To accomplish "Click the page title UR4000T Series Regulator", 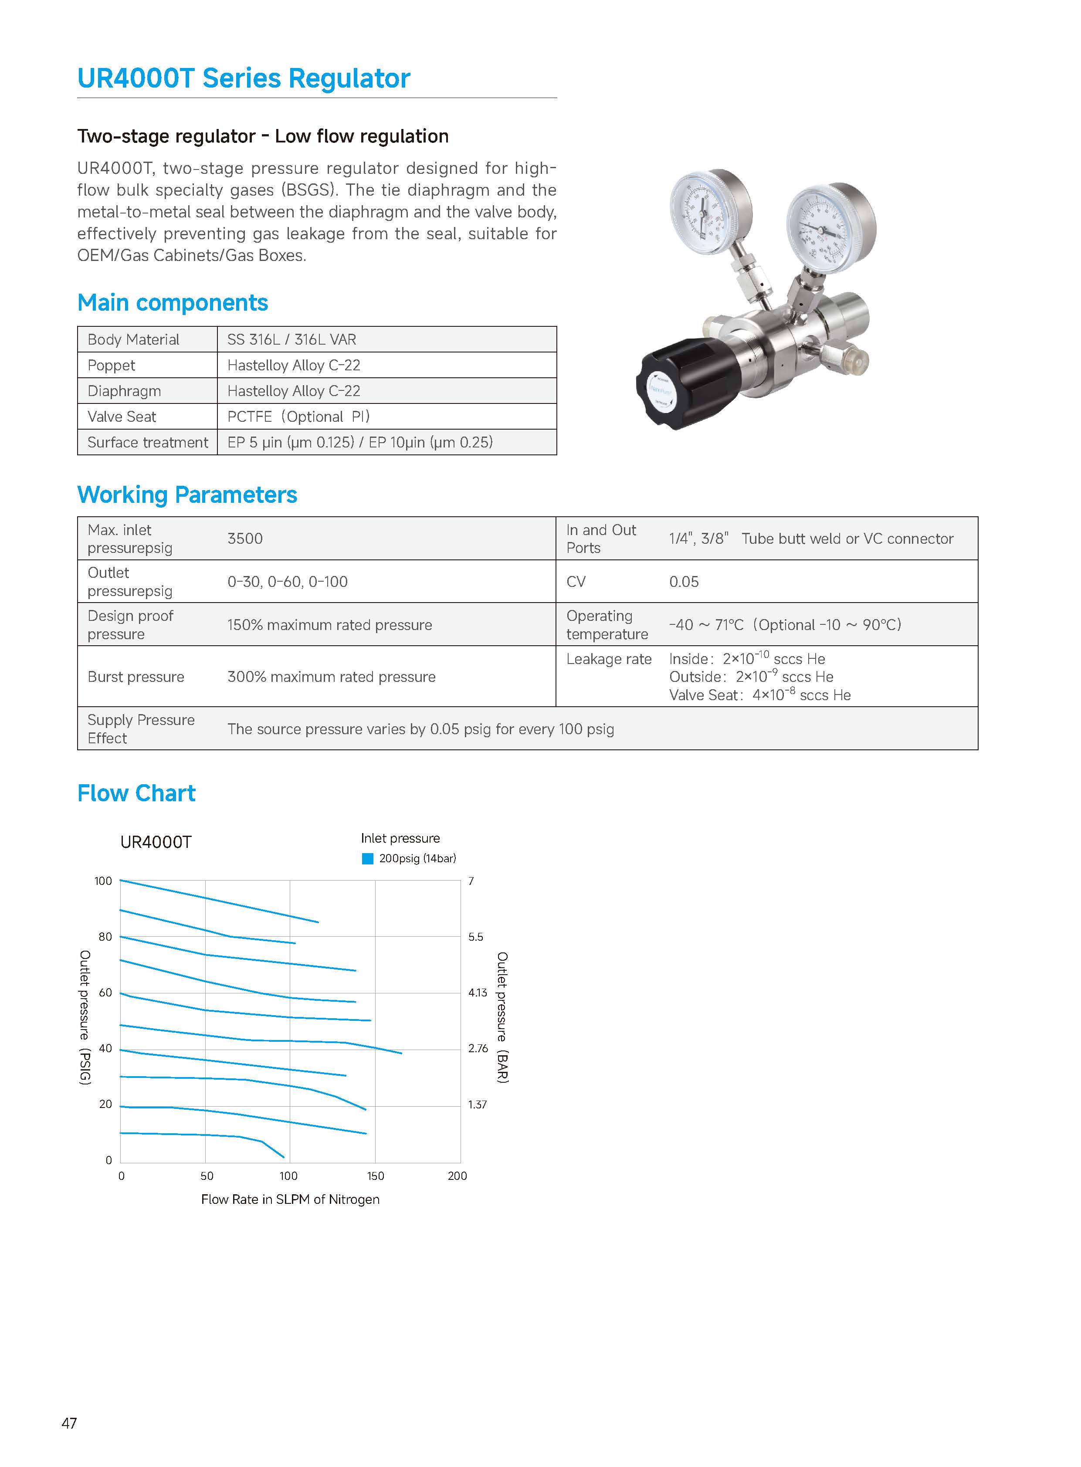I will pos(244,78).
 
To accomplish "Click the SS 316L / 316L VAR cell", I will pos(292,339).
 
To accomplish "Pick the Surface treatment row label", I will pos(148,442).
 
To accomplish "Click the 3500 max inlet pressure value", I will pos(245,539).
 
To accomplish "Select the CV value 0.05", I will pos(684,582).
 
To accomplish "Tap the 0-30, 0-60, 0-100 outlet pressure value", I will pos(287,582).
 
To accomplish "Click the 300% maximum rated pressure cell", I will pos(331,677).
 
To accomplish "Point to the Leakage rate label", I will pos(609,659).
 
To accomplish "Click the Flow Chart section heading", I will pos(136,793).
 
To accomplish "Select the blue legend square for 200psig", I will pos(368,858).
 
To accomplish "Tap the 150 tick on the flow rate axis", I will pos(376,1176).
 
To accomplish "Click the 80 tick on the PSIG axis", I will pos(105,937).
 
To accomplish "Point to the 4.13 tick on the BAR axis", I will pos(478,993).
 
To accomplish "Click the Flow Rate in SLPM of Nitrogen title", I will pos(290,1199).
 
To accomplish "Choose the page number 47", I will pos(69,1423).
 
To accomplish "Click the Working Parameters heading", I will pos(187,495).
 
